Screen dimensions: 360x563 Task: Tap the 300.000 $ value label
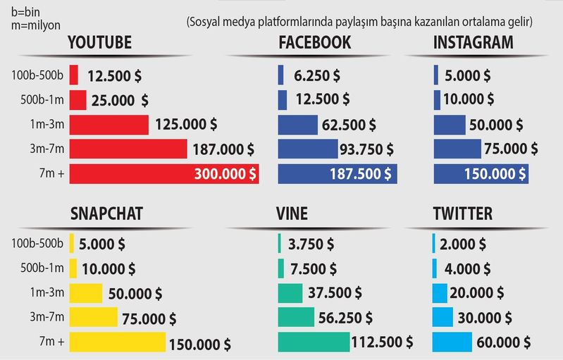coord(225,173)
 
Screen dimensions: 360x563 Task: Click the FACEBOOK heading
coord(314,43)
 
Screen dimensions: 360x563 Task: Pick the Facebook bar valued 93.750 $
coord(308,149)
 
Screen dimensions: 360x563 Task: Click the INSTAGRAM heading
coord(473,43)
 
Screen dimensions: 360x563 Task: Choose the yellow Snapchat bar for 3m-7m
coord(93,317)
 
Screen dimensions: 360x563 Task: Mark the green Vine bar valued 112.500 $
coord(314,342)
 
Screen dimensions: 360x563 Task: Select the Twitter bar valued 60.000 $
coord(443,342)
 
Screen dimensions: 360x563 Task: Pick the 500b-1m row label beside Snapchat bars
coord(37,268)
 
